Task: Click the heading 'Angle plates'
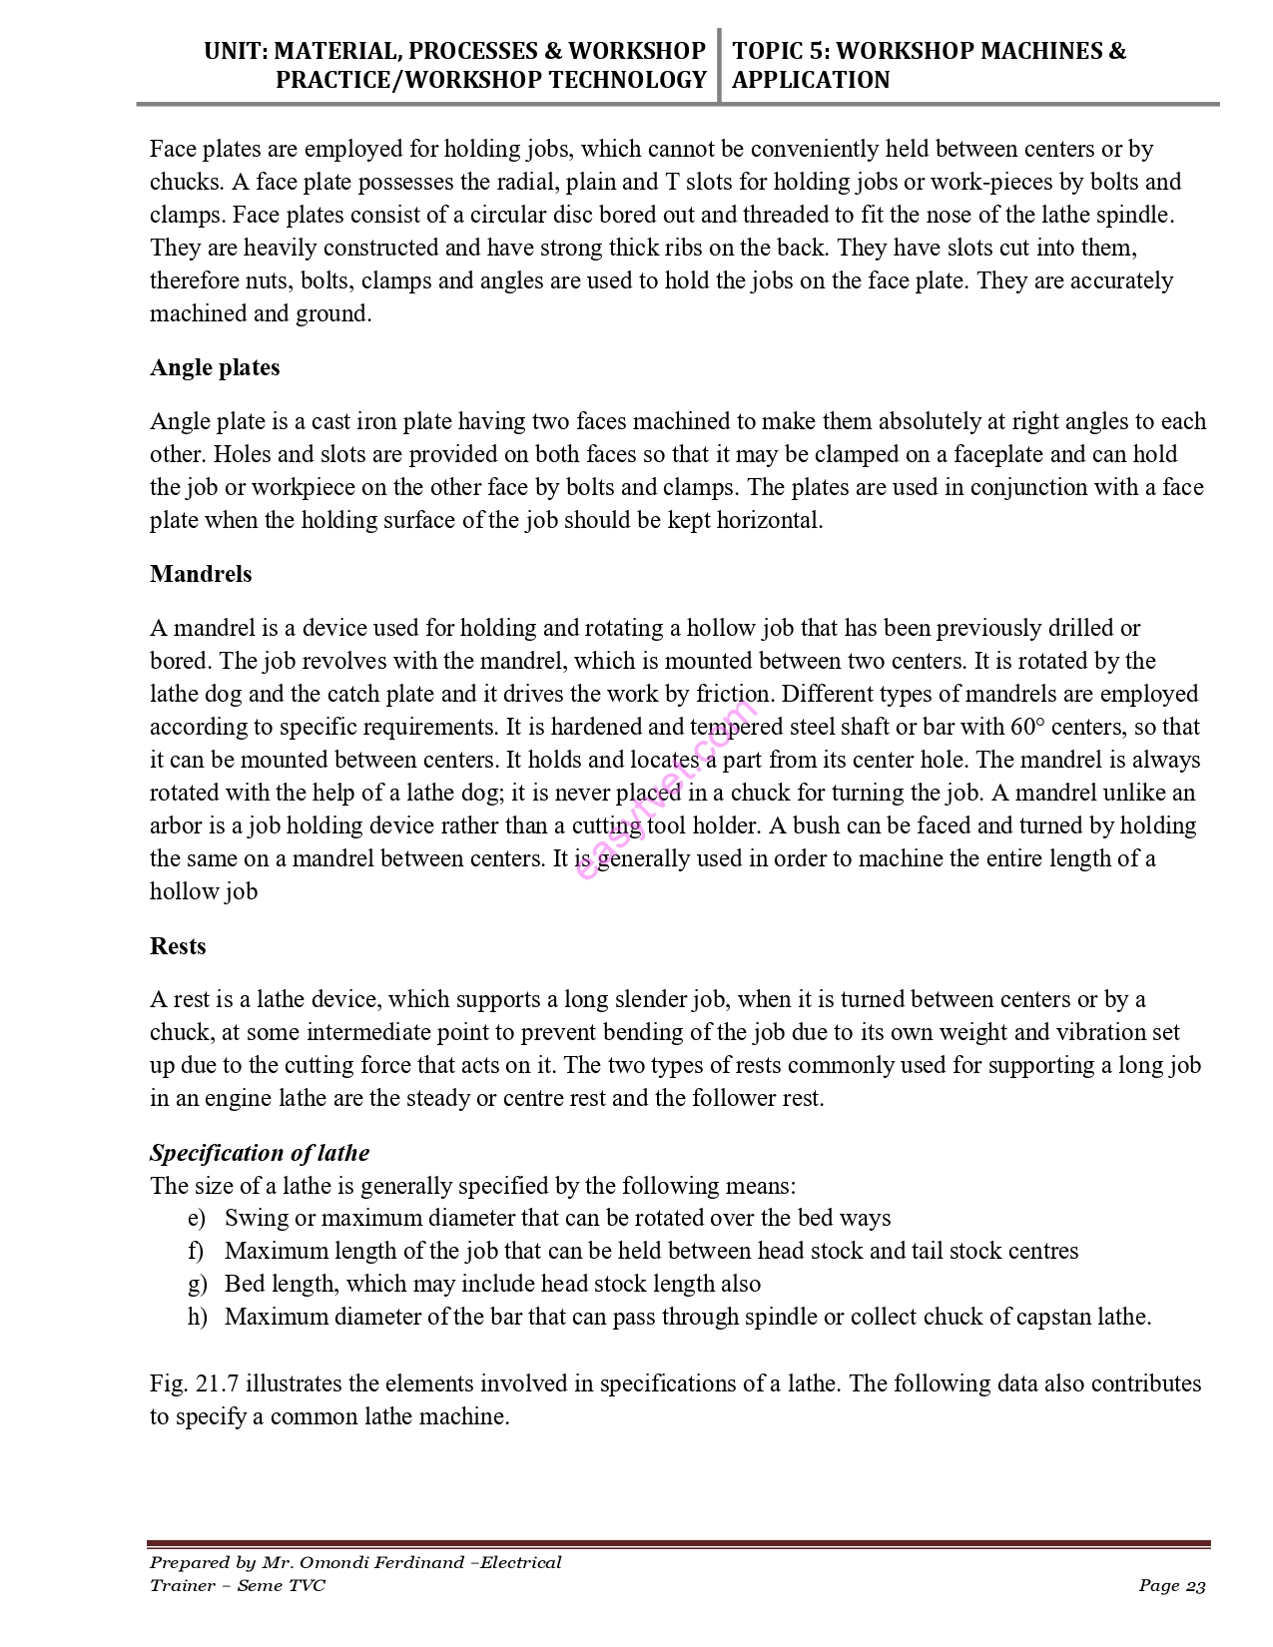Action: click(215, 368)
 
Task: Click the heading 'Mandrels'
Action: click(201, 575)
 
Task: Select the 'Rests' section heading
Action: click(178, 947)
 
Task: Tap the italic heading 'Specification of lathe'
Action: click(260, 1154)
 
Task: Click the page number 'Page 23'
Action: click(1172, 1586)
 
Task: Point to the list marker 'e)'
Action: click(196, 1219)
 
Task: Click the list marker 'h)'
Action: click(197, 1318)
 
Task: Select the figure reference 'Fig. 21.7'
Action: click(195, 1384)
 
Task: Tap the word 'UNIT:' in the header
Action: click(236, 52)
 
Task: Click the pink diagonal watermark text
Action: click(667, 791)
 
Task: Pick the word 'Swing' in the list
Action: click(255, 1219)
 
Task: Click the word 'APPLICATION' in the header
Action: click(811, 81)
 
